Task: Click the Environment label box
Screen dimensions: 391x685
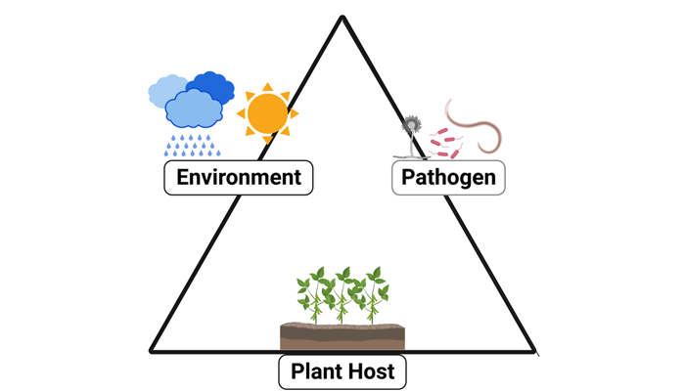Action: (x=239, y=178)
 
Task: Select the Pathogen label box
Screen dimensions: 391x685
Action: (x=449, y=178)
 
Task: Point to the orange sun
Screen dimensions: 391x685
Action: (x=266, y=113)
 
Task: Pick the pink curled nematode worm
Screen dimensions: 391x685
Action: (x=477, y=122)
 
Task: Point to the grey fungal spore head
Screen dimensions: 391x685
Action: (x=412, y=125)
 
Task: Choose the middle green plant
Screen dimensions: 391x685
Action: (x=342, y=291)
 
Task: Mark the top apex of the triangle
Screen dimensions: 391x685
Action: (x=342, y=18)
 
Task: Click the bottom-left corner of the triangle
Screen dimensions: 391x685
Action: (x=151, y=350)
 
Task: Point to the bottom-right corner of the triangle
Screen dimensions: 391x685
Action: (x=534, y=350)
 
